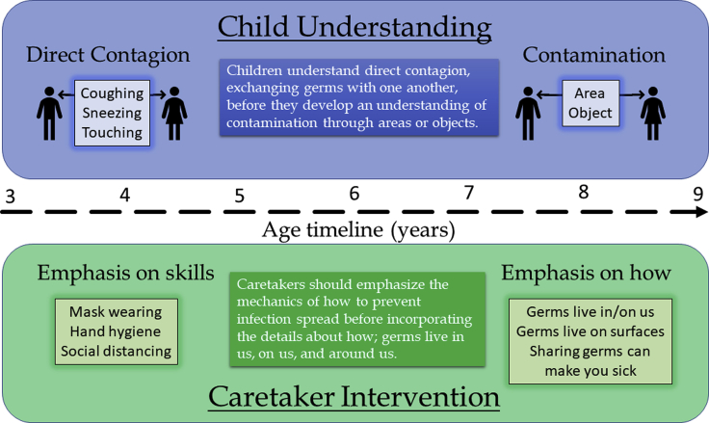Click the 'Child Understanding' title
pos(354,27)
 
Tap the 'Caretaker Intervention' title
pos(354,397)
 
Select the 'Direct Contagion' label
pos(108,55)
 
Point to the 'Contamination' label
pos(593,55)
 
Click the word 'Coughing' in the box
pos(112,93)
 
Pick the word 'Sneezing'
pos(112,113)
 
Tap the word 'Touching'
pos(112,132)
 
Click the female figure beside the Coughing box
pos(174,114)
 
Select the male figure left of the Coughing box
pos(49,114)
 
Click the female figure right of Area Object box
pos(652,114)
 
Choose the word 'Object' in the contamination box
pos(591,113)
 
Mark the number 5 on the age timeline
pos(239,196)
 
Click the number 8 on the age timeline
pos(584,193)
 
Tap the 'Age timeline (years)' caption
pos(358,230)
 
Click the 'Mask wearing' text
pos(116,311)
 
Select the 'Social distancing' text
pos(117,351)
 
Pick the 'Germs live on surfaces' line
pos(591,331)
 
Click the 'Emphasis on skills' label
pos(125,273)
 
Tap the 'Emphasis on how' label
pos(586,273)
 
